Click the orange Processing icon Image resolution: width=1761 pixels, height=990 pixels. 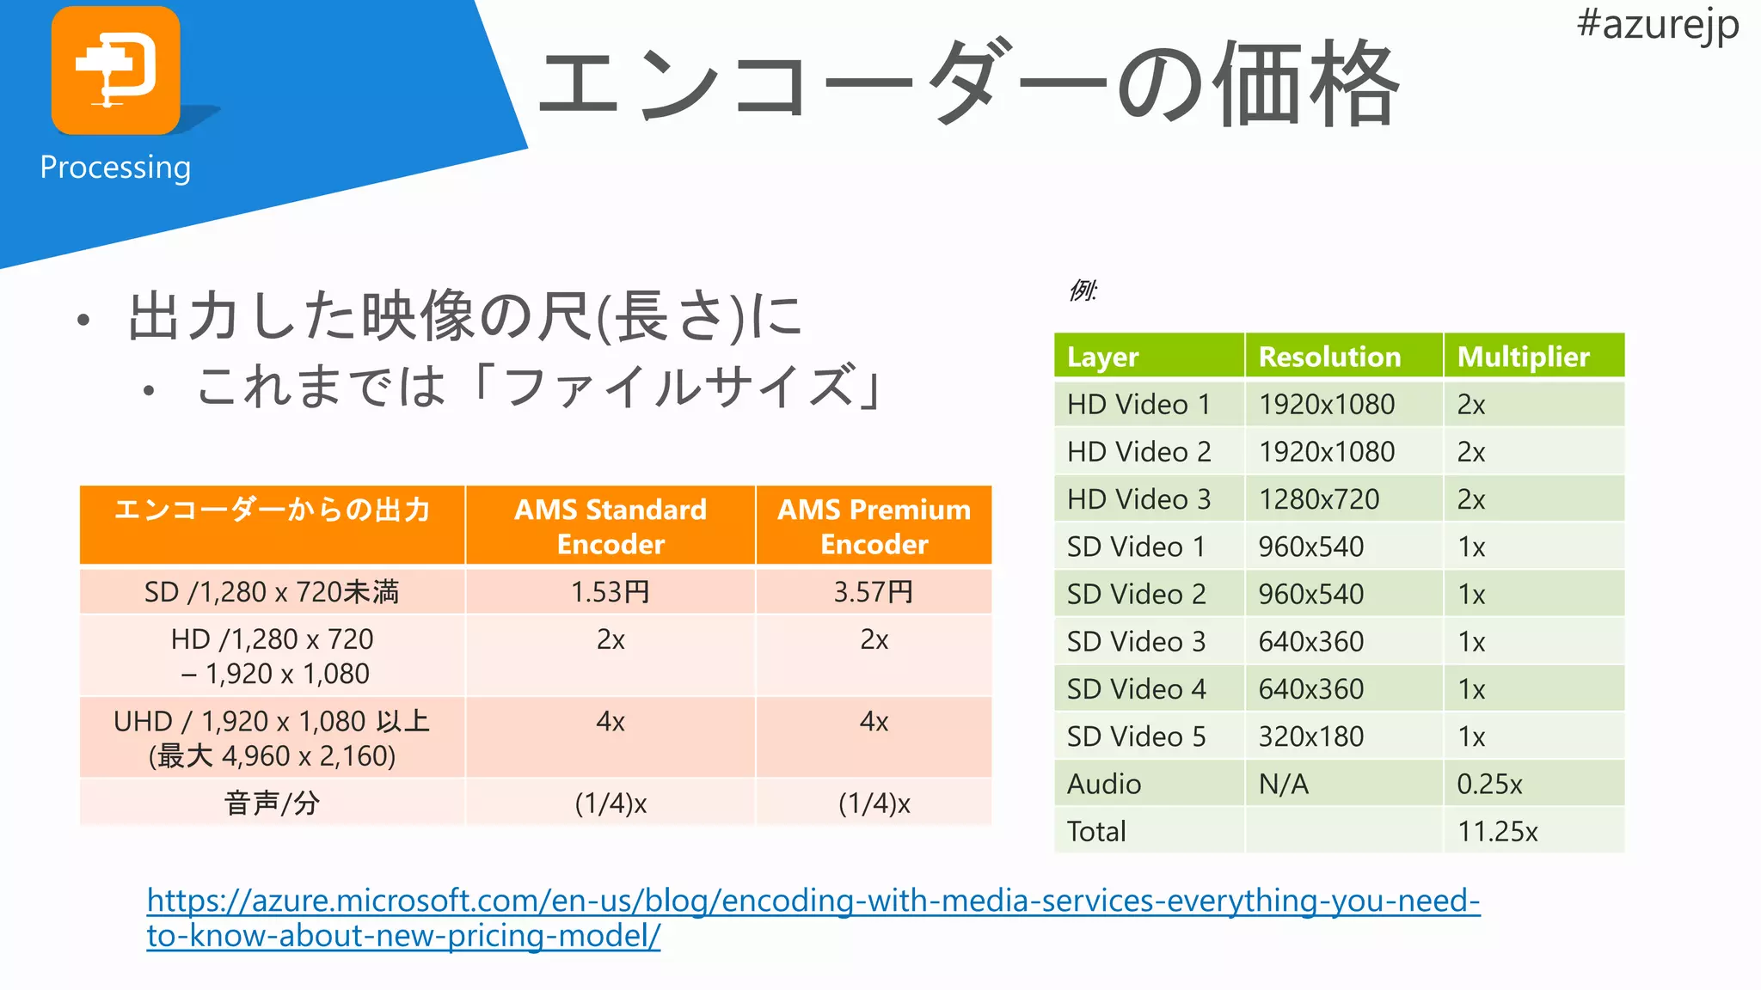point(115,70)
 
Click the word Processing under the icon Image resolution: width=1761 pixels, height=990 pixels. point(115,167)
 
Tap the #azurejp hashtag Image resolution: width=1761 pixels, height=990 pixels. point(1657,24)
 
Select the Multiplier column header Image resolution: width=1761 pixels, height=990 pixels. point(1523,357)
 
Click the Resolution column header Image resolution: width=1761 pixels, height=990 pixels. point(1329,357)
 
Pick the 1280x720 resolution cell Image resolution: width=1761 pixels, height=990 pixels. point(1319,499)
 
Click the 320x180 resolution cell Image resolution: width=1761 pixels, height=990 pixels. point(1311,736)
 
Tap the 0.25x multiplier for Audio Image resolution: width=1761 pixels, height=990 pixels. point(1489,784)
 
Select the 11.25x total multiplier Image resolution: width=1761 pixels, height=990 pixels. point(1497,831)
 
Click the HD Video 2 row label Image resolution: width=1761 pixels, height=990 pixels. point(1138,452)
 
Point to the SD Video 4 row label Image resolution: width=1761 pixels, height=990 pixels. point(1136,689)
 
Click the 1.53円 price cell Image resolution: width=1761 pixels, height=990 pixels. point(611,592)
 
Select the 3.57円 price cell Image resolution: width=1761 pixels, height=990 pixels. point(874,592)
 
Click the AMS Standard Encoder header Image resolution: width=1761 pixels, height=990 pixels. point(611,526)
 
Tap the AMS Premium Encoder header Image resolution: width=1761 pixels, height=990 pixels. point(874,526)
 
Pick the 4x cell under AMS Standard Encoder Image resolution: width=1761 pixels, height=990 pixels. point(611,722)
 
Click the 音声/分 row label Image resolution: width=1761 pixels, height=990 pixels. point(272,804)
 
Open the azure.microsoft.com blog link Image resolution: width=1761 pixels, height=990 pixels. point(813,901)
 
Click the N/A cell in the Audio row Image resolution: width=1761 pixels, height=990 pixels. point(1283,784)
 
